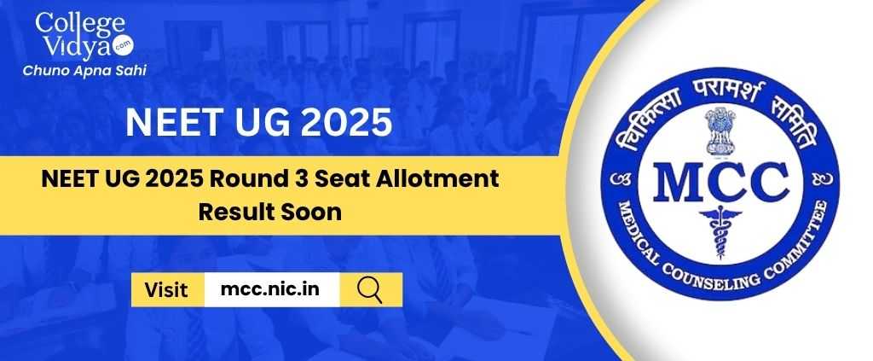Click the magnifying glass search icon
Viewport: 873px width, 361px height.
tap(370, 289)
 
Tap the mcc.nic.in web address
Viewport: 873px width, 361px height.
tap(270, 289)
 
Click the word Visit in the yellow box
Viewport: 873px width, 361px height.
tap(166, 289)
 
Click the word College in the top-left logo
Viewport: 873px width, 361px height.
tap(71, 24)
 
